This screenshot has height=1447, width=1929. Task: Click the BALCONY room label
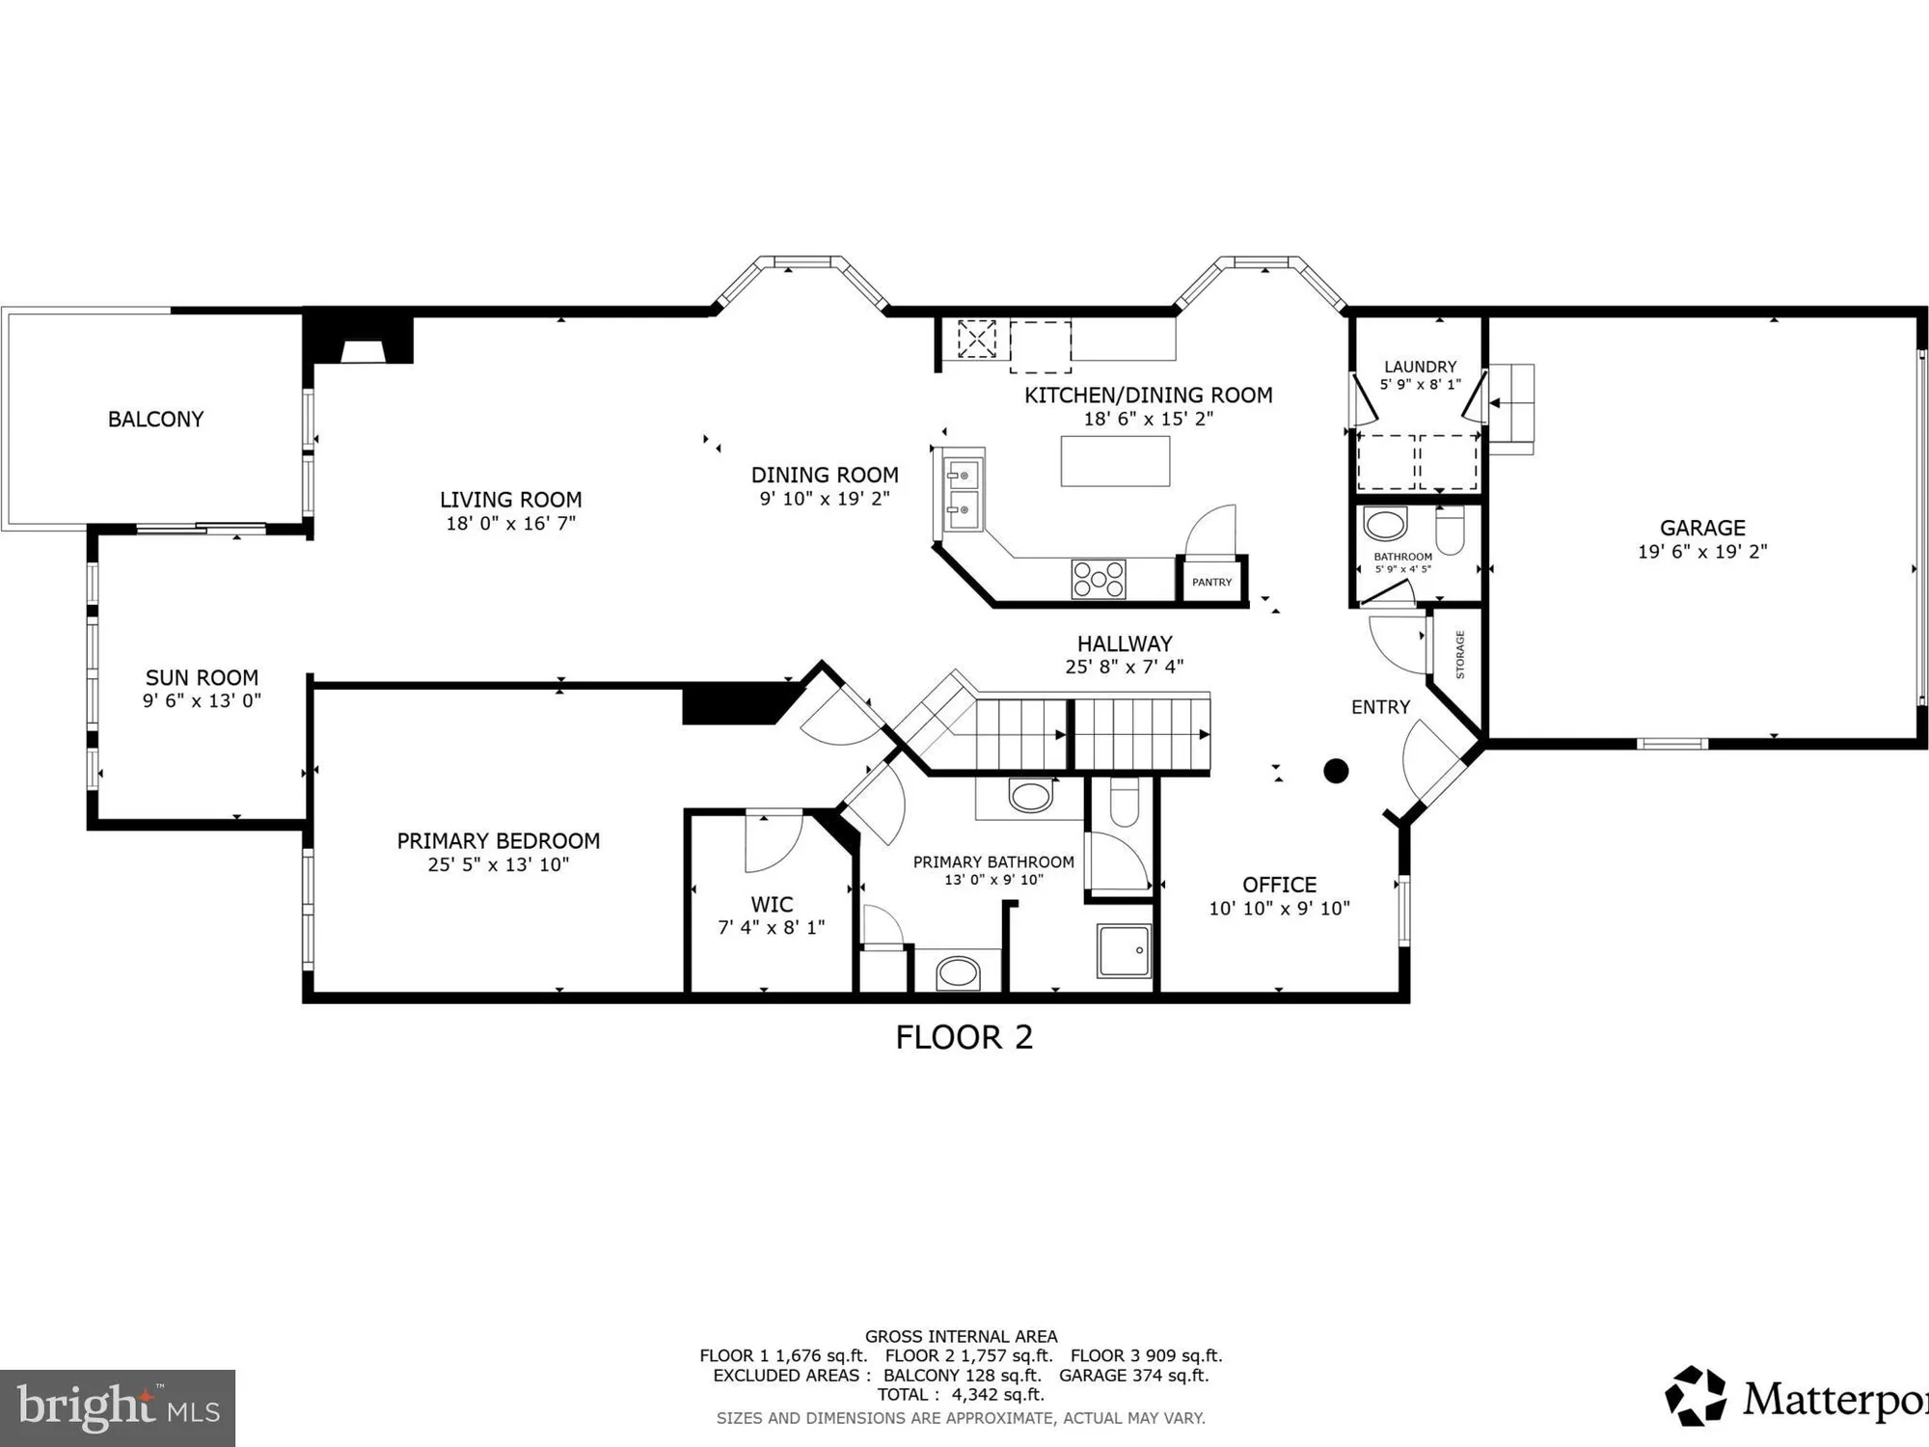[x=155, y=420]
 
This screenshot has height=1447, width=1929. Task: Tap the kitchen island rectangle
[x=1115, y=461]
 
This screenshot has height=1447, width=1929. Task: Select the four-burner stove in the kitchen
[x=1099, y=579]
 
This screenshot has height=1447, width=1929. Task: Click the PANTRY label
[x=1211, y=583]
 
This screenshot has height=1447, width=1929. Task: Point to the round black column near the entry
[x=1336, y=771]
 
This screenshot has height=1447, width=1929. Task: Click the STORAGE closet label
[x=1460, y=655]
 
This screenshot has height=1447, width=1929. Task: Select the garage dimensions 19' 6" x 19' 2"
[x=1702, y=552]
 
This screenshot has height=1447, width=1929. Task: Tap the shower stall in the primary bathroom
[x=1125, y=951]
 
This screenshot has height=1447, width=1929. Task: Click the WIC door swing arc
[x=774, y=842]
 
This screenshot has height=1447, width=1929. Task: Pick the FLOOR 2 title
[x=964, y=1038]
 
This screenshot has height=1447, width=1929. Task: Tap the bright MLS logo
[x=118, y=1407]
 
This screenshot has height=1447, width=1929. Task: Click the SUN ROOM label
[x=202, y=678]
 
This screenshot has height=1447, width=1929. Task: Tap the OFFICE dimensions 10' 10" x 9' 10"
[x=1279, y=909]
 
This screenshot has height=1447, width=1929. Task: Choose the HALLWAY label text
[x=1125, y=643]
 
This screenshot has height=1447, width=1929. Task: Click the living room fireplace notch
[x=363, y=349]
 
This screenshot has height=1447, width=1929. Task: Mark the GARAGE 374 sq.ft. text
[x=1133, y=1376]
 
